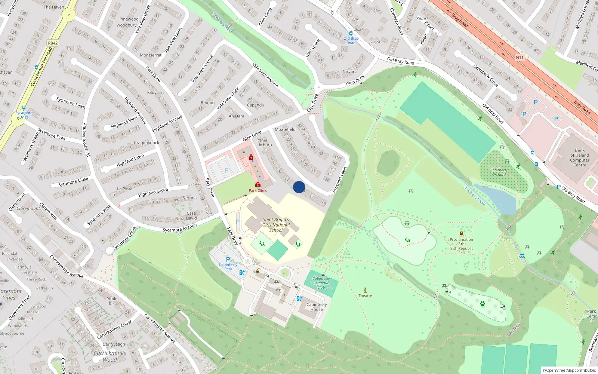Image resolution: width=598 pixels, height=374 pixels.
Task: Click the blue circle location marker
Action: pos(299,187)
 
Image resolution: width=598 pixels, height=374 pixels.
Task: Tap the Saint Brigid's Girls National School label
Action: pos(276,225)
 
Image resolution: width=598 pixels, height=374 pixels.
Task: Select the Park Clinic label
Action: pos(258,190)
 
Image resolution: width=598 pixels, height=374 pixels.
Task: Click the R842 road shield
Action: pos(53,43)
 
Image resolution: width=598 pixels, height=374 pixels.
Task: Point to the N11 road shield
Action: pos(520,58)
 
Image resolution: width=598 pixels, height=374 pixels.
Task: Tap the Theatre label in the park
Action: pos(365,295)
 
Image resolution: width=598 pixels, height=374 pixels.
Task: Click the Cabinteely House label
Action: pos(317,307)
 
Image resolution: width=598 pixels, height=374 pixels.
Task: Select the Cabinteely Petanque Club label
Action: pos(321,283)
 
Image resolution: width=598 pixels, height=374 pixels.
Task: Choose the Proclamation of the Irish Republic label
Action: pos(461,244)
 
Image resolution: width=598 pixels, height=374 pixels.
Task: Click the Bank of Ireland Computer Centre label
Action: pos(579,157)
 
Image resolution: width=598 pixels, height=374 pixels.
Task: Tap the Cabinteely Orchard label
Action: pos(499,172)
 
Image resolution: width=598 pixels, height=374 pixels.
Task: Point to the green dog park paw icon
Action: pos(482,304)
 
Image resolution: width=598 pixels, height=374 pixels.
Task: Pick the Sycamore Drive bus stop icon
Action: pos(24,108)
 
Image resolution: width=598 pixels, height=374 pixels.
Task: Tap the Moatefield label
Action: pos(285,129)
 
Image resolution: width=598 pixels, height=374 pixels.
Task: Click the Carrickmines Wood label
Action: pos(110,356)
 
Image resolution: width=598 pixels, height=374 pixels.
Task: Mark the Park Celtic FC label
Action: pos(591,316)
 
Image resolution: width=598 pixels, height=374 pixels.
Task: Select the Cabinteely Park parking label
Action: pos(228,267)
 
